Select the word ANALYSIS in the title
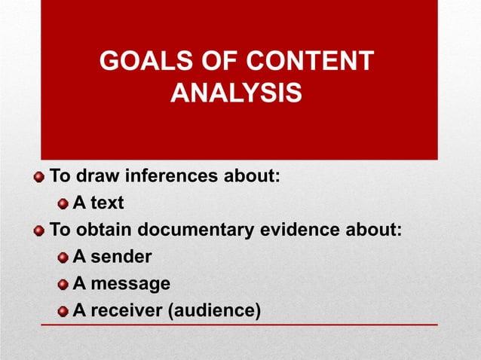coord(237,95)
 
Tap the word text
coord(109,203)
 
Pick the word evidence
coord(305,230)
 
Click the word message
coord(130,284)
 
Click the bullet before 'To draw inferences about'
coord(39,178)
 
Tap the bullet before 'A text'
coord(63,204)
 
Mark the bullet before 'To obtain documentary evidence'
coord(39,230)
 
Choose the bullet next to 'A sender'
coord(63,258)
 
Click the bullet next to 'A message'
coord(63,285)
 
